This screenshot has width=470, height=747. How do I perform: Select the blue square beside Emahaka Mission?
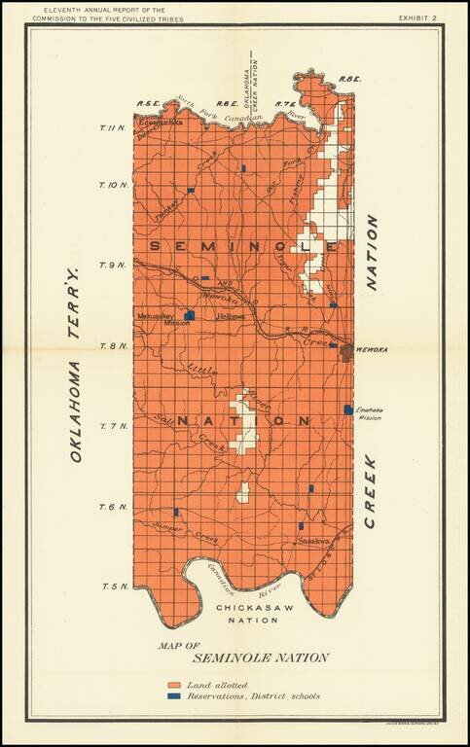pos(348,409)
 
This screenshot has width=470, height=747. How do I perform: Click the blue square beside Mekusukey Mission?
pos(191,316)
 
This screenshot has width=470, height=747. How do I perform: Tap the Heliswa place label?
pos(229,317)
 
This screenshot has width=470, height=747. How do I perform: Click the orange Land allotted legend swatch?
pos(175,687)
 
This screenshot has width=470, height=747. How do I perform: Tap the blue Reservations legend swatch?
pos(175,696)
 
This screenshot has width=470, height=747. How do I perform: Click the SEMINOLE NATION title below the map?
pos(246,658)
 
